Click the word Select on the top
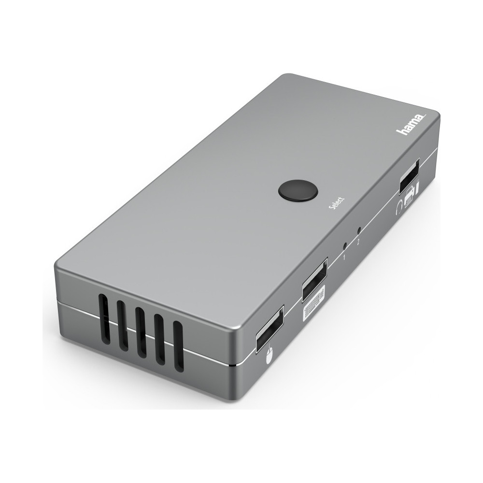coord(336,204)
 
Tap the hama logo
coord(411,124)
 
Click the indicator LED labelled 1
coord(345,246)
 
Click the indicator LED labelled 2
coord(359,230)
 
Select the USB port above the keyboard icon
coord(314,280)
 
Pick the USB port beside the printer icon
coord(410,176)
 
